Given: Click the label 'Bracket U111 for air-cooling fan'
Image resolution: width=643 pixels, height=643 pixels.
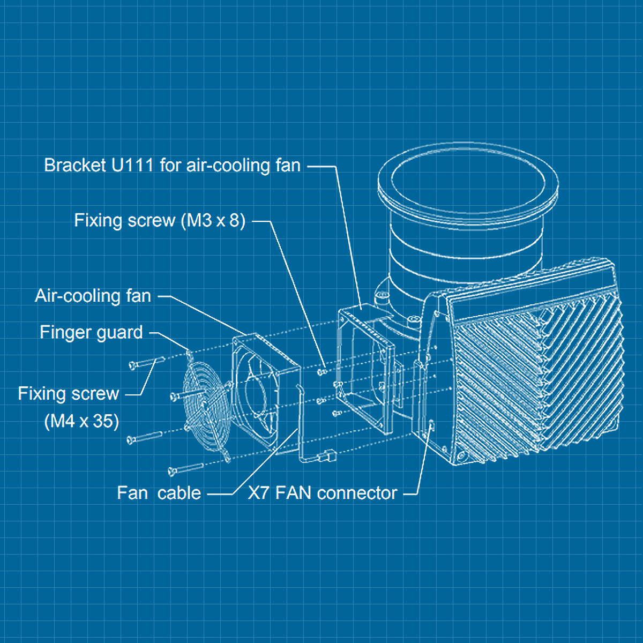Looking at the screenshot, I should click(x=172, y=166).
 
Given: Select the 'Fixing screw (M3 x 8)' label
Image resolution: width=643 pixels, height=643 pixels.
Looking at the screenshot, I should click(x=160, y=220).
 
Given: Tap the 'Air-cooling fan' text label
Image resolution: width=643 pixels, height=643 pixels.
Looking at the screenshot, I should click(x=93, y=296).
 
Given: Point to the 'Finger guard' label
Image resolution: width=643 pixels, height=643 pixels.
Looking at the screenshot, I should click(x=91, y=333).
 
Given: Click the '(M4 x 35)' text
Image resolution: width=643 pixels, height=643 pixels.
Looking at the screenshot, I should click(x=81, y=421).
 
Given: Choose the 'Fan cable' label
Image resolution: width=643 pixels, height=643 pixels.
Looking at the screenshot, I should click(x=159, y=493).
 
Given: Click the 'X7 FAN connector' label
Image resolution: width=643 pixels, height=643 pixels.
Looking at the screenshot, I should click(x=322, y=493).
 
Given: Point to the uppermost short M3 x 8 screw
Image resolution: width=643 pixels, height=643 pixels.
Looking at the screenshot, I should click(x=322, y=371).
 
